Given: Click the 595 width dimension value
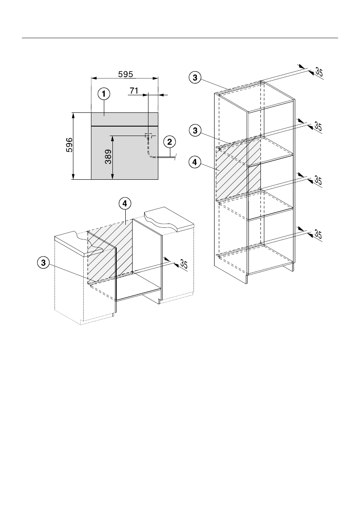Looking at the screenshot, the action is (x=125, y=74).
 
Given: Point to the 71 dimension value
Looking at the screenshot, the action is (x=134, y=91).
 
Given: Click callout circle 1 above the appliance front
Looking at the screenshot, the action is (x=103, y=94).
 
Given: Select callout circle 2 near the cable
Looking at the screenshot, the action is (x=169, y=142).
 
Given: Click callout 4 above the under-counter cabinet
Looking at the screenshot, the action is (x=124, y=204).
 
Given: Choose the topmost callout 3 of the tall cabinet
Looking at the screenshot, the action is (x=195, y=78).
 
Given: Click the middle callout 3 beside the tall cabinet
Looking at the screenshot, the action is (x=195, y=130).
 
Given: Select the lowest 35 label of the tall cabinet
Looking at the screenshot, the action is (x=318, y=234).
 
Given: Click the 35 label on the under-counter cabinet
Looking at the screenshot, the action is (x=184, y=264).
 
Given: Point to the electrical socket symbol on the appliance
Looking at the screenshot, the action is (x=148, y=136).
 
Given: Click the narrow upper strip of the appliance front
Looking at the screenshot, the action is (x=124, y=119).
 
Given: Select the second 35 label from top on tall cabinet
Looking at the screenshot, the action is (x=318, y=126).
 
